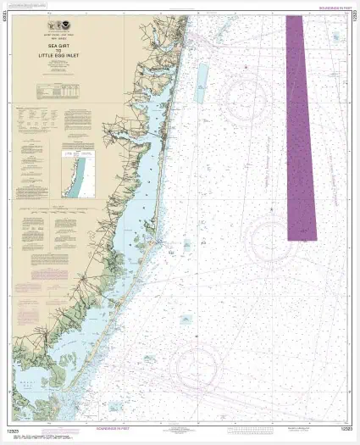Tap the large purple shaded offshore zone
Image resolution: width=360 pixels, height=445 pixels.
coord(300,127)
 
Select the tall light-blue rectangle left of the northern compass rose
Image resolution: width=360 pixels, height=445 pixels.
coord(199,84)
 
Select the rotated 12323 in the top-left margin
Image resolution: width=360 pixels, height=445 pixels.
coord(8,19)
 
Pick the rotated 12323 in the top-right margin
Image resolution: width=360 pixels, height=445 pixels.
coord(352,19)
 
